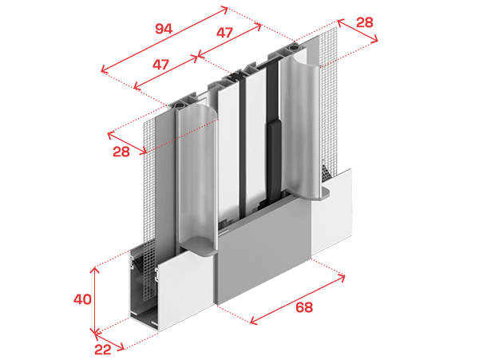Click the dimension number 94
point(164,29)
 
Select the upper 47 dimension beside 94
point(224,33)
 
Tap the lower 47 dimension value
point(160,65)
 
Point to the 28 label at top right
point(365,22)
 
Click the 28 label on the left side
point(121,152)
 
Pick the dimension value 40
point(82,299)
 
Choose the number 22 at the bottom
point(103,350)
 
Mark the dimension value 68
point(304,307)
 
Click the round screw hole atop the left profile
point(178,107)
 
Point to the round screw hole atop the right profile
point(294,48)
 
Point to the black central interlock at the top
point(239,75)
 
